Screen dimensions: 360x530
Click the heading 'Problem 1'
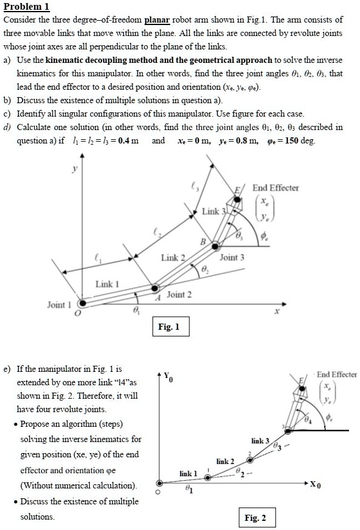tap(26, 7)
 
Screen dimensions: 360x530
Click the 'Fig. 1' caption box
tap(169, 327)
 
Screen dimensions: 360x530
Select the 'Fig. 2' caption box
tap(254, 518)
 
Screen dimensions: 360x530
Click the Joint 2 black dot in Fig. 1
tap(156, 287)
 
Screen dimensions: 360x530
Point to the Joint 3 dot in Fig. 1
tap(215, 247)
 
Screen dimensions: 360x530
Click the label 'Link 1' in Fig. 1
tap(107, 285)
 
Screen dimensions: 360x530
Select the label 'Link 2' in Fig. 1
tap(173, 258)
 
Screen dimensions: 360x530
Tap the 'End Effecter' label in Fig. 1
tap(276, 187)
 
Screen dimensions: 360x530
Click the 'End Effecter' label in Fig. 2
tap(337, 374)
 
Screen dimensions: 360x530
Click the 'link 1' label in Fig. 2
tap(189, 473)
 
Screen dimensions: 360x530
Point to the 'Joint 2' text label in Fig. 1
tap(179, 294)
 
